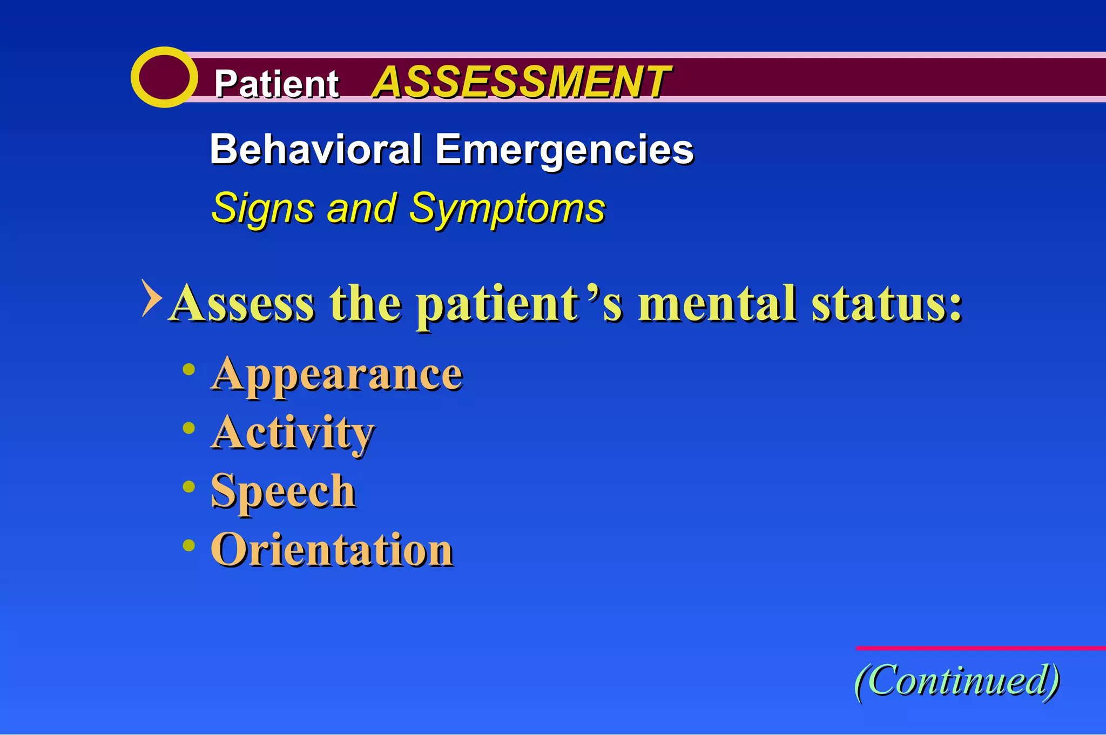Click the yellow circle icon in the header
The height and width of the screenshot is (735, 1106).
(164, 77)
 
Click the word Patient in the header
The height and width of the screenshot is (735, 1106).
(276, 84)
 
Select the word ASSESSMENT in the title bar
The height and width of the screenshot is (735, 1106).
(521, 82)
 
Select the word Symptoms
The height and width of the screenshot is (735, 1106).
(507, 209)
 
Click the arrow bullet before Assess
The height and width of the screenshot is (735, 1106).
(151, 298)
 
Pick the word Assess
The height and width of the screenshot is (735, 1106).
(241, 304)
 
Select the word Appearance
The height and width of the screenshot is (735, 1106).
(336, 375)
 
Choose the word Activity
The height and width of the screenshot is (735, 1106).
(292, 433)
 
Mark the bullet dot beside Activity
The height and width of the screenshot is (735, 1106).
(188, 429)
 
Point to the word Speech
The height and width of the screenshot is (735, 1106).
(283, 491)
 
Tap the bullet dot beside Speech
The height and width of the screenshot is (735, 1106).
(188, 487)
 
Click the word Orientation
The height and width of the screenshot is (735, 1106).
(332, 550)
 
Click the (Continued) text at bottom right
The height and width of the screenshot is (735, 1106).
(957, 680)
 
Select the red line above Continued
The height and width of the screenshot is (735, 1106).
(980, 647)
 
